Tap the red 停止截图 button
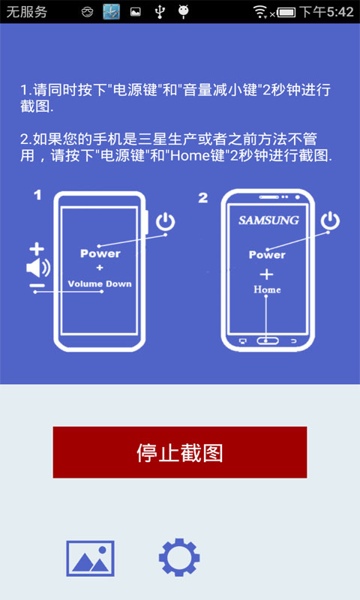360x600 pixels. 180,452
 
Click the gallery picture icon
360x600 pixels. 90,558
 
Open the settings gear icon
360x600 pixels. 179,558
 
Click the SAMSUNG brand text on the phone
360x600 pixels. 268,220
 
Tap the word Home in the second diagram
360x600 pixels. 267,289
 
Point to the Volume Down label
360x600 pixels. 100,283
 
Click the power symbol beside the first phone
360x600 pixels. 165,221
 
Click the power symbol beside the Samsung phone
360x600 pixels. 330,220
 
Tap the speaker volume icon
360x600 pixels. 37,268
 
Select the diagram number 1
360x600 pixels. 37,196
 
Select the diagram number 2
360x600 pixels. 203,197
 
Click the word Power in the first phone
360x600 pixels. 100,253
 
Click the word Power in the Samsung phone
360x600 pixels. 267,255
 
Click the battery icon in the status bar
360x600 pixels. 286,12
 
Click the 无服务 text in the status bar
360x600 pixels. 27,12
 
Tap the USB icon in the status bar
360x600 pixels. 158,12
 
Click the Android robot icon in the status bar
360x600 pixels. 183,12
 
